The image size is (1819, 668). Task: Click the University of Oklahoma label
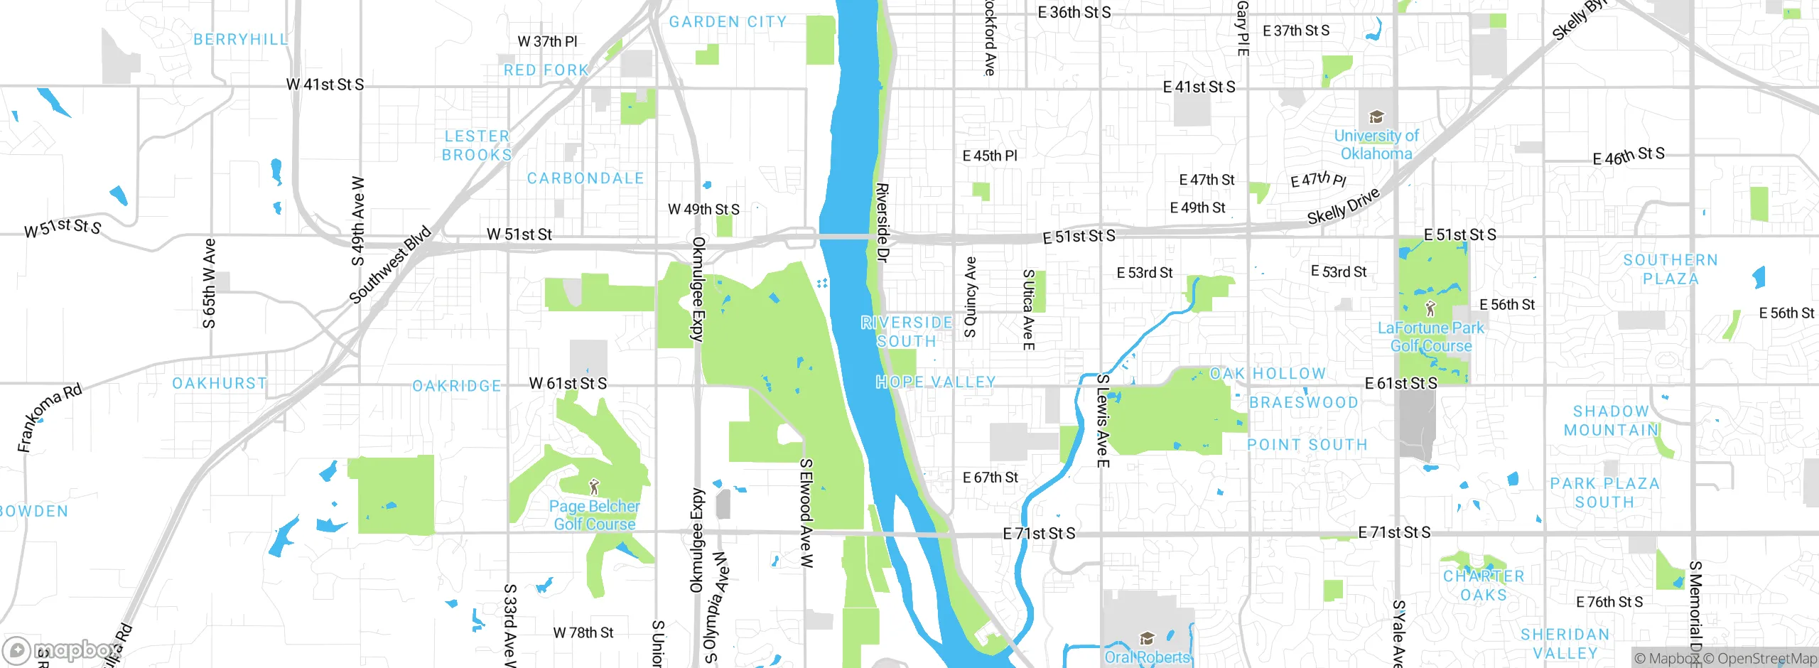click(1376, 144)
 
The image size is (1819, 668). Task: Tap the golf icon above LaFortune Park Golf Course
click(1430, 309)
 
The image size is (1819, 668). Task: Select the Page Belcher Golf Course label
click(594, 515)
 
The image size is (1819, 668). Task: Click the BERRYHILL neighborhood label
click(241, 39)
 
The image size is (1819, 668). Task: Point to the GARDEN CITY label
click(728, 22)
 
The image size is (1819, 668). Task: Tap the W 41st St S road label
click(325, 85)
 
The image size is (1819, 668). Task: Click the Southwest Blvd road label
click(391, 264)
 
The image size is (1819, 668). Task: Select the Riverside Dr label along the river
click(882, 222)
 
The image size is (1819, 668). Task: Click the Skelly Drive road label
click(1343, 206)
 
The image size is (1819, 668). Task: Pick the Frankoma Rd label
click(50, 417)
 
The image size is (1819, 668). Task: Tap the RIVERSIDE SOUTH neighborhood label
click(907, 332)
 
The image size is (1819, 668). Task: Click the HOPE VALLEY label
click(935, 382)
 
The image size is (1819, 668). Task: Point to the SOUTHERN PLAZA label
click(1670, 269)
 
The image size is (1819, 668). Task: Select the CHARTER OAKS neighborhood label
click(1484, 586)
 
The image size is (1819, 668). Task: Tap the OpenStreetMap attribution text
click(1760, 659)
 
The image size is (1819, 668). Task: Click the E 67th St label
click(990, 478)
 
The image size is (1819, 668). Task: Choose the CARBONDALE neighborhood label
click(585, 178)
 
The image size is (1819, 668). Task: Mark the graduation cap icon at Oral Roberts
click(1146, 638)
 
